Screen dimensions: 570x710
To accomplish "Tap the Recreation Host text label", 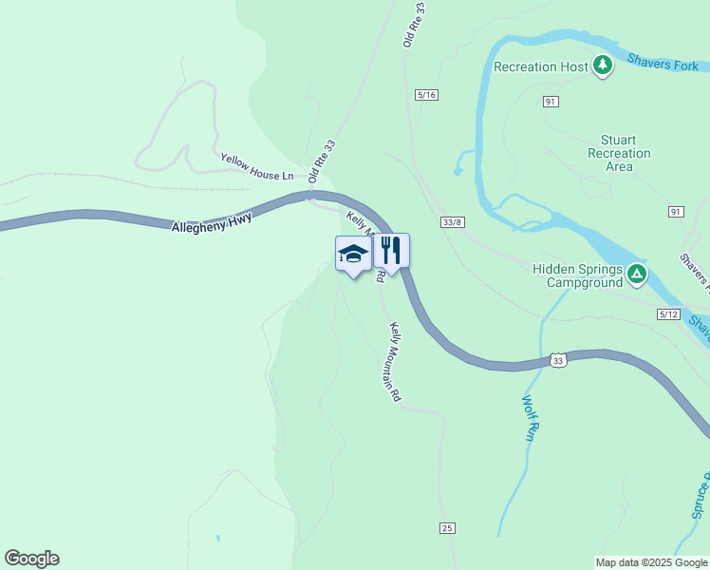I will click(x=541, y=66).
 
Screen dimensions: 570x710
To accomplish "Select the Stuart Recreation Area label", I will click(x=619, y=153).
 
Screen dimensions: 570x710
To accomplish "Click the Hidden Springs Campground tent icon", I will click(x=638, y=275).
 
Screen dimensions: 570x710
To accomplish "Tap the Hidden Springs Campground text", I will click(x=577, y=275).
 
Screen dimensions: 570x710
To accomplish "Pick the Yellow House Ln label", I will click(x=257, y=167).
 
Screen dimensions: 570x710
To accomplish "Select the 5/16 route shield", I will click(x=427, y=95).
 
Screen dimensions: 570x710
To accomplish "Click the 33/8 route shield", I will click(x=453, y=221).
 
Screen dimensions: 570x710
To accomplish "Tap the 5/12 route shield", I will click(x=668, y=313).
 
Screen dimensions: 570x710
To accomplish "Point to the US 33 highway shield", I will click(x=559, y=361).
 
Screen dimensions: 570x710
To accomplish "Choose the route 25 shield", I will click(x=448, y=527).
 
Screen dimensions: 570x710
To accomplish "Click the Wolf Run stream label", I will click(x=530, y=417).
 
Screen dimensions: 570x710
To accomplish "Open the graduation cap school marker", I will click(x=353, y=254).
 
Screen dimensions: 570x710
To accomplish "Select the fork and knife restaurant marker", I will click(x=391, y=251).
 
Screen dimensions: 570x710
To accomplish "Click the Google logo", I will click(x=31, y=559).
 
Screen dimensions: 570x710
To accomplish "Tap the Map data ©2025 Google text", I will click(x=651, y=562).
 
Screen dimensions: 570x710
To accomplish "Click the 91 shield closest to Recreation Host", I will click(x=551, y=101).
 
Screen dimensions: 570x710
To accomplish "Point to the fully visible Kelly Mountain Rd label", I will click(x=396, y=362).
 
